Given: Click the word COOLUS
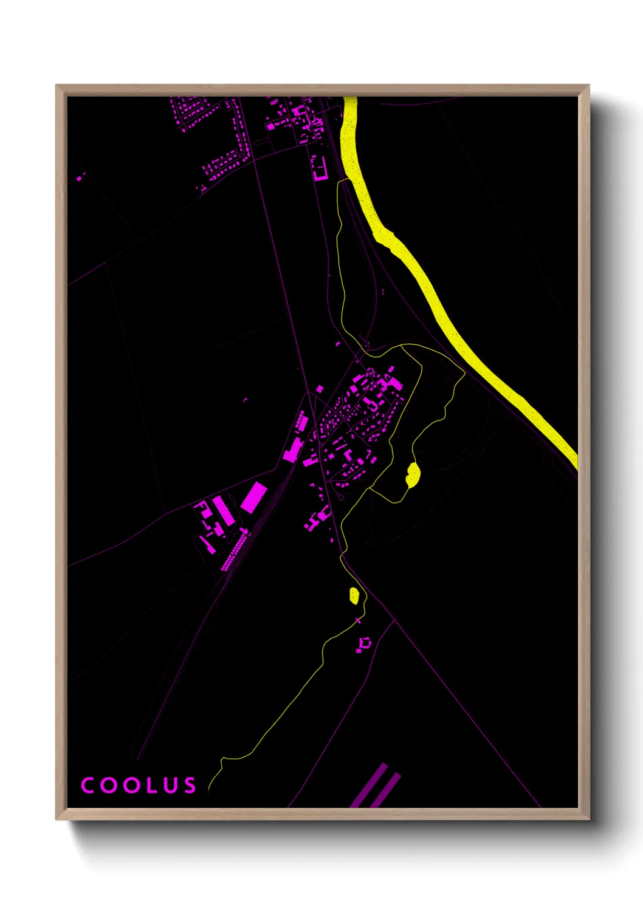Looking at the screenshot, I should coord(139,785).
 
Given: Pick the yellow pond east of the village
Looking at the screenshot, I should coord(413,474).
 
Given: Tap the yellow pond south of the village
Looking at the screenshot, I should coord(354,595).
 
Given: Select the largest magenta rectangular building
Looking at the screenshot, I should coord(253,496).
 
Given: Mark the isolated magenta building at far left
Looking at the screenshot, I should coord(80,177).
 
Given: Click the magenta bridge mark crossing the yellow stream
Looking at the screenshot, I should coord(358,621).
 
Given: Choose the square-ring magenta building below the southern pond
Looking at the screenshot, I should coord(365,642).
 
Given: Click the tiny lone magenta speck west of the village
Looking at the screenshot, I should coord(246,400).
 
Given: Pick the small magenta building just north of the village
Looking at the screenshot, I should coord(338,344).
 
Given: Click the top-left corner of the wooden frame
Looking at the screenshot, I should coord(57,86).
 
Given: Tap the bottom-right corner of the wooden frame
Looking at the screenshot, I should coord(588,819).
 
